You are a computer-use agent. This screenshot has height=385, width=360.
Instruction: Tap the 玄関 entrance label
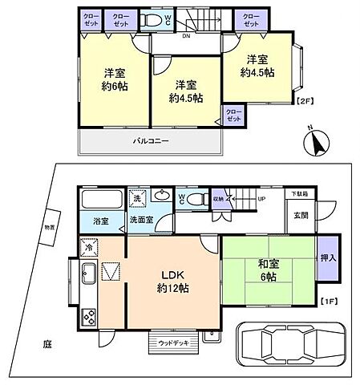[x=300, y=216]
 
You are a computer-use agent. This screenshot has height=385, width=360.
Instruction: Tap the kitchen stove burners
[x=88, y=317]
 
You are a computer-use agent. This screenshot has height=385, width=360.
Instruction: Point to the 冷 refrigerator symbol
[x=86, y=246]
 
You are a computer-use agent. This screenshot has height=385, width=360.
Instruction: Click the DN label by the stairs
[x=185, y=36]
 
